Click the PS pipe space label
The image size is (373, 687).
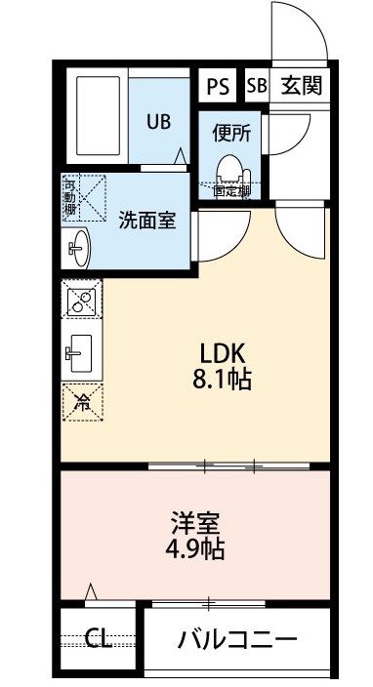click(x=218, y=86)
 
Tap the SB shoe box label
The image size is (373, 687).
click(x=257, y=86)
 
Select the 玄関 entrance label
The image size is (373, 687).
click(x=301, y=86)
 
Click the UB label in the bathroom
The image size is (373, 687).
click(x=158, y=121)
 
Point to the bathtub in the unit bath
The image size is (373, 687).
click(x=99, y=116)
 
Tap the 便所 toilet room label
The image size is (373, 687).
click(x=231, y=133)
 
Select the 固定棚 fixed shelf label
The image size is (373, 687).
click(x=231, y=191)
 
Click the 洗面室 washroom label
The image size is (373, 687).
click(x=147, y=221)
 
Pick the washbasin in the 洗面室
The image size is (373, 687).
click(x=79, y=248)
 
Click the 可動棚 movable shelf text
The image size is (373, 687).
click(x=69, y=196)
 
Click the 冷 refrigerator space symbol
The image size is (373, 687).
click(x=82, y=403)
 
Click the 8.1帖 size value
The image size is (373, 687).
click(x=222, y=380)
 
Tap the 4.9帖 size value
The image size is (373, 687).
click(x=195, y=548)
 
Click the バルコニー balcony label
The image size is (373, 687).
click(x=237, y=640)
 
